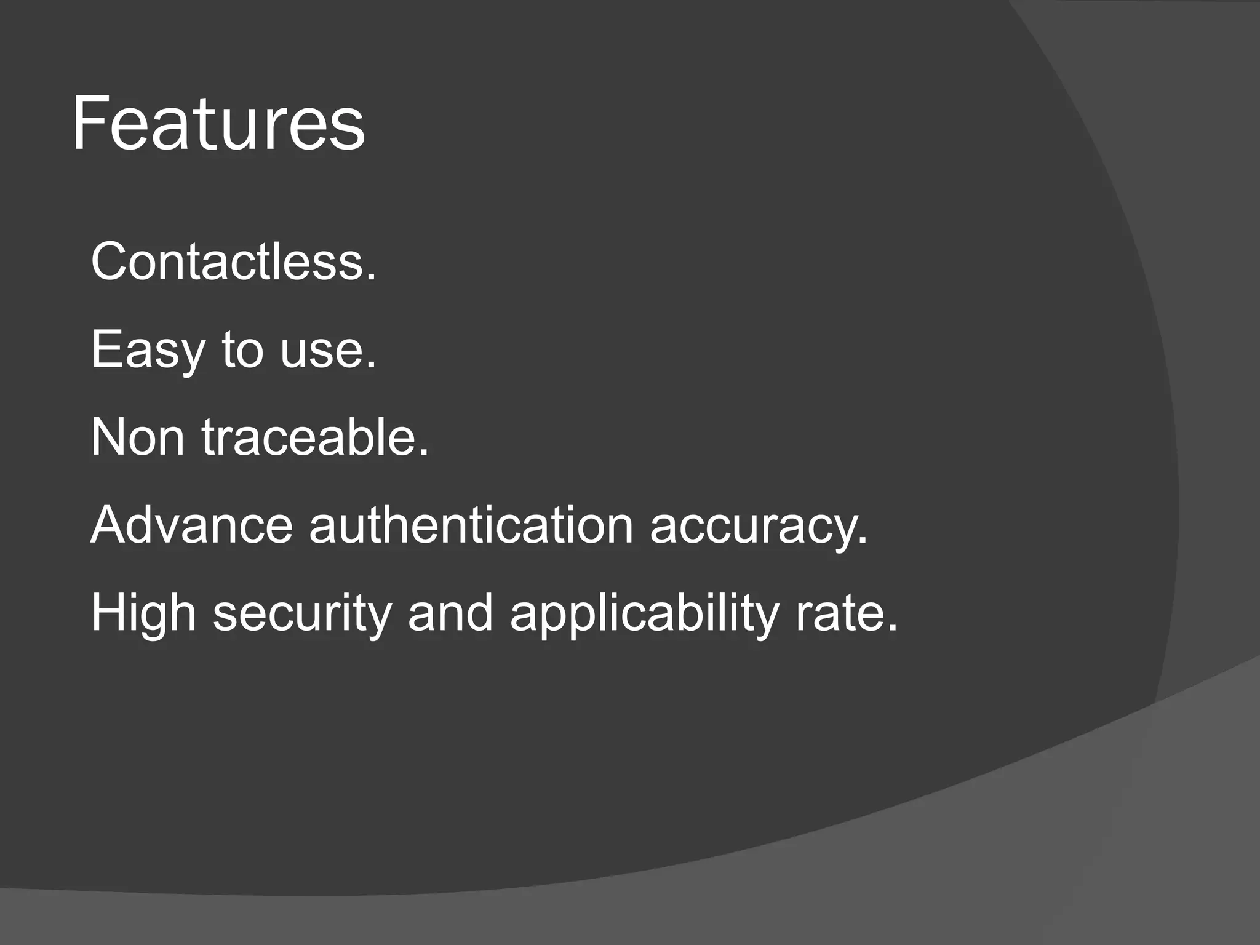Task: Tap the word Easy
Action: point(148,349)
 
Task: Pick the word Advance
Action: point(191,525)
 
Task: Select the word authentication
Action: point(471,525)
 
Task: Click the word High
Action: point(143,614)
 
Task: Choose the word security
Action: point(302,614)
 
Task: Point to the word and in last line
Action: point(450,613)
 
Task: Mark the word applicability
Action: point(644,614)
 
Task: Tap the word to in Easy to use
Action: point(242,349)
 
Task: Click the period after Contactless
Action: point(370,277)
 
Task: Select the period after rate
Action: point(892,629)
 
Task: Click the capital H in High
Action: point(109,613)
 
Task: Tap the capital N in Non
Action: point(109,437)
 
